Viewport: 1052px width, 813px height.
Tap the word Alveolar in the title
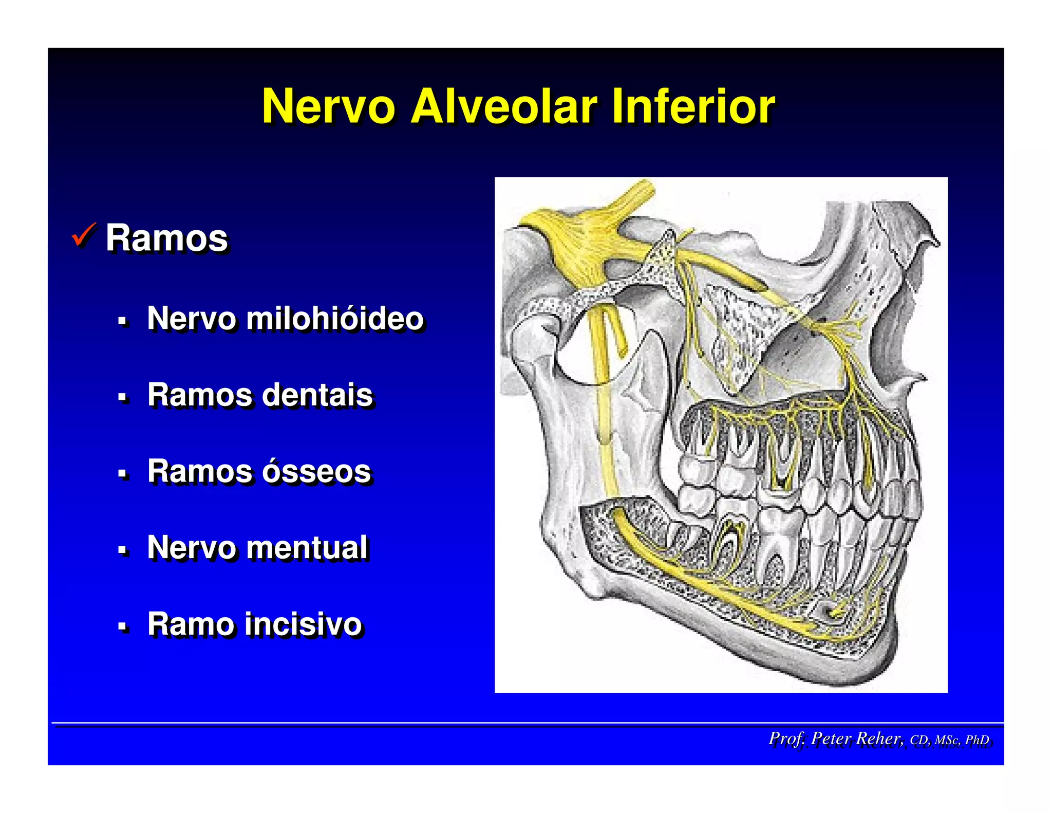point(503,106)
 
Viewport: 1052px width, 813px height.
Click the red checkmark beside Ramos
point(84,235)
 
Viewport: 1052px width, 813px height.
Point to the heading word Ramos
point(166,238)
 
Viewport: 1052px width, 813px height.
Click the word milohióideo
point(335,318)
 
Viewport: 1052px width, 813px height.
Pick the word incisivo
point(303,624)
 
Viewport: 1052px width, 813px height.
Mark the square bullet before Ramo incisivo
point(122,627)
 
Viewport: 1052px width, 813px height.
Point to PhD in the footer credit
point(977,740)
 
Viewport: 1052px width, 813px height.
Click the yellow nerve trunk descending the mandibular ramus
point(602,411)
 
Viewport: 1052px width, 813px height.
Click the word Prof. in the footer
point(786,738)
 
